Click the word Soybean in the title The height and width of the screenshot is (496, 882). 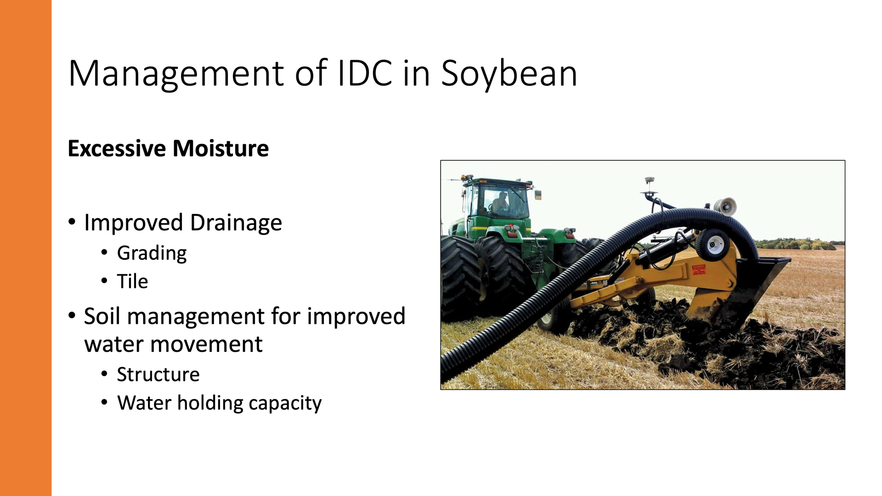pyautogui.click(x=509, y=73)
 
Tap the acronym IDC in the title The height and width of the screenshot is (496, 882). pyautogui.click(x=365, y=73)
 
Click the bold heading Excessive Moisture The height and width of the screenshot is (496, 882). pyautogui.click(x=168, y=148)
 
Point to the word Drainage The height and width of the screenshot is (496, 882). pyautogui.click(x=236, y=223)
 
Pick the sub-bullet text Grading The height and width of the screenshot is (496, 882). pyautogui.click(x=152, y=254)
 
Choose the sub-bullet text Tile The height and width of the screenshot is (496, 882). pyautogui.click(x=133, y=281)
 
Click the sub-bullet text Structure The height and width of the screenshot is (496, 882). pyautogui.click(x=158, y=374)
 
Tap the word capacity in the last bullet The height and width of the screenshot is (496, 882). pyautogui.click(x=285, y=404)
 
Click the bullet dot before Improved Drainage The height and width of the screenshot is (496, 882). pyautogui.click(x=72, y=222)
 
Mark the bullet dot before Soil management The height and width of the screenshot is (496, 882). pyautogui.click(x=72, y=316)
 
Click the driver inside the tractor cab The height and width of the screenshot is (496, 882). pyautogui.click(x=500, y=203)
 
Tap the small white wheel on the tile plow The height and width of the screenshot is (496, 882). pyautogui.click(x=712, y=244)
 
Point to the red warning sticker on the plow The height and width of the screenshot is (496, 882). pyautogui.click(x=699, y=270)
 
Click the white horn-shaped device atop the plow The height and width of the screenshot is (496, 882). pyautogui.click(x=725, y=207)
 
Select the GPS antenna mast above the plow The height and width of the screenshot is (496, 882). pyautogui.click(x=650, y=188)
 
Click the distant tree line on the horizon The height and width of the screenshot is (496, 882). pyautogui.click(x=799, y=244)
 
